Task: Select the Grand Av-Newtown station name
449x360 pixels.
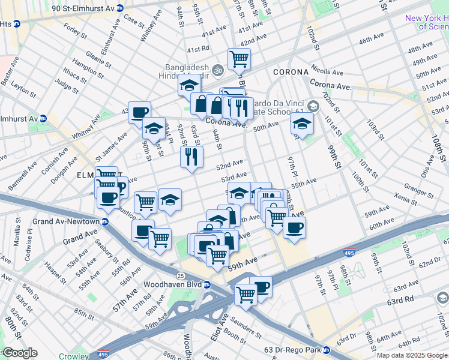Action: (66, 221)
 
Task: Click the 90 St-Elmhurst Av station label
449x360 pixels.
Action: (83, 8)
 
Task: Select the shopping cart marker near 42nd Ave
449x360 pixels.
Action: (239, 59)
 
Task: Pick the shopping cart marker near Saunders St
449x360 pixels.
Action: (246, 294)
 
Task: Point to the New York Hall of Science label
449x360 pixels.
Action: (426, 22)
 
